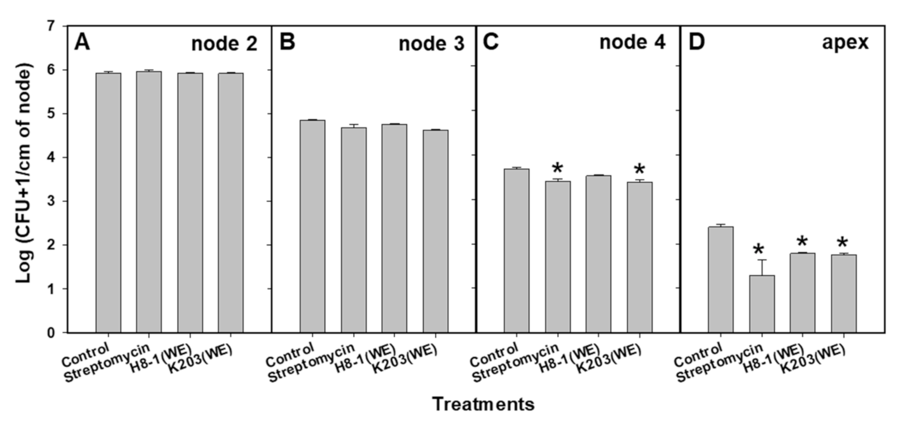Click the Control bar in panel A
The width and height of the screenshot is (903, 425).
click(108, 203)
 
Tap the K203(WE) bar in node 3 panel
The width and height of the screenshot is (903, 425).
click(436, 231)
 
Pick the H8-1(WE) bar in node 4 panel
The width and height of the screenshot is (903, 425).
click(598, 254)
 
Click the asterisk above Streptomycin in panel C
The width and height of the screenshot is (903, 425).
click(557, 169)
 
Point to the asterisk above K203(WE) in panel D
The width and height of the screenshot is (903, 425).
click(843, 243)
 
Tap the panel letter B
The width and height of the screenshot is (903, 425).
click(287, 42)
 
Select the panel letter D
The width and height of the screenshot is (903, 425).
click(696, 42)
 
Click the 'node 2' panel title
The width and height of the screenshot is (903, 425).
click(224, 44)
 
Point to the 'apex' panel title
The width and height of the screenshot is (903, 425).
click(845, 43)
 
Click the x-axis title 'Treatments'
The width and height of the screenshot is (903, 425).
click(483, 404)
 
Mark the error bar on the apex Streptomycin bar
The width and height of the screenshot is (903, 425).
click(762, 267)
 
